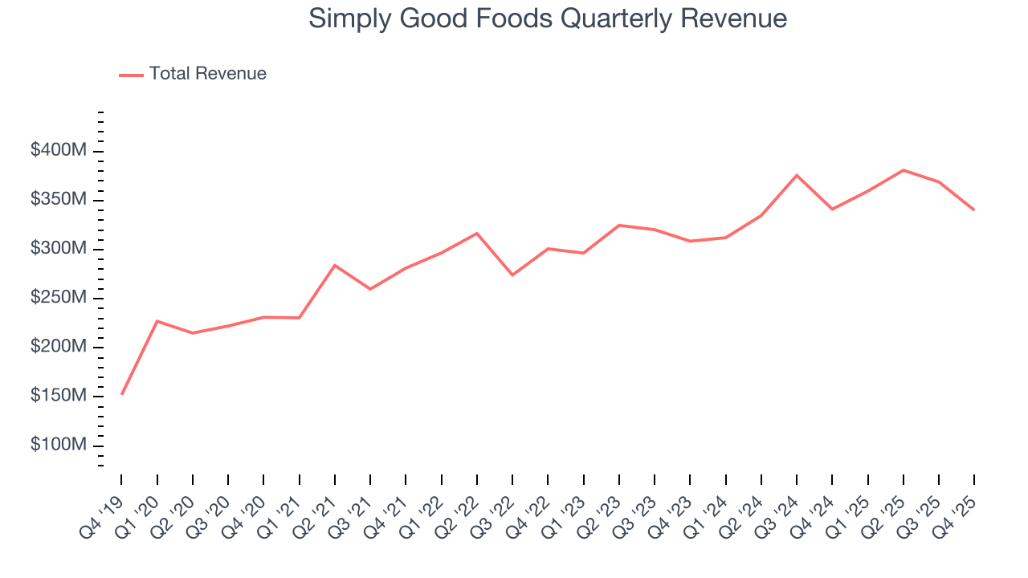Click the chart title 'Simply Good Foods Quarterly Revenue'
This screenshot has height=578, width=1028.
tap(548, 18)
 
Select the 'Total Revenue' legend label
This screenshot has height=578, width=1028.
tap(207, 74)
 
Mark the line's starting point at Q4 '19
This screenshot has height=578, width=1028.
tap(122, 394)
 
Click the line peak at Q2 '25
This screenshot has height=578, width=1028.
tap(904, 170)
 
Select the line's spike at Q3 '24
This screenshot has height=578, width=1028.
tap(797, 175)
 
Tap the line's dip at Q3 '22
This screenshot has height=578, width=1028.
tap(512, 275)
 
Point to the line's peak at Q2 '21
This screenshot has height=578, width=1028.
tap(335, 265)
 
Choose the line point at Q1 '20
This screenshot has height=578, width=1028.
tap(157, 321)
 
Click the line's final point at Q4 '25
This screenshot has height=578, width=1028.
tap(974, 210)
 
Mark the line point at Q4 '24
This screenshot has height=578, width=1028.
tap(832, 210)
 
